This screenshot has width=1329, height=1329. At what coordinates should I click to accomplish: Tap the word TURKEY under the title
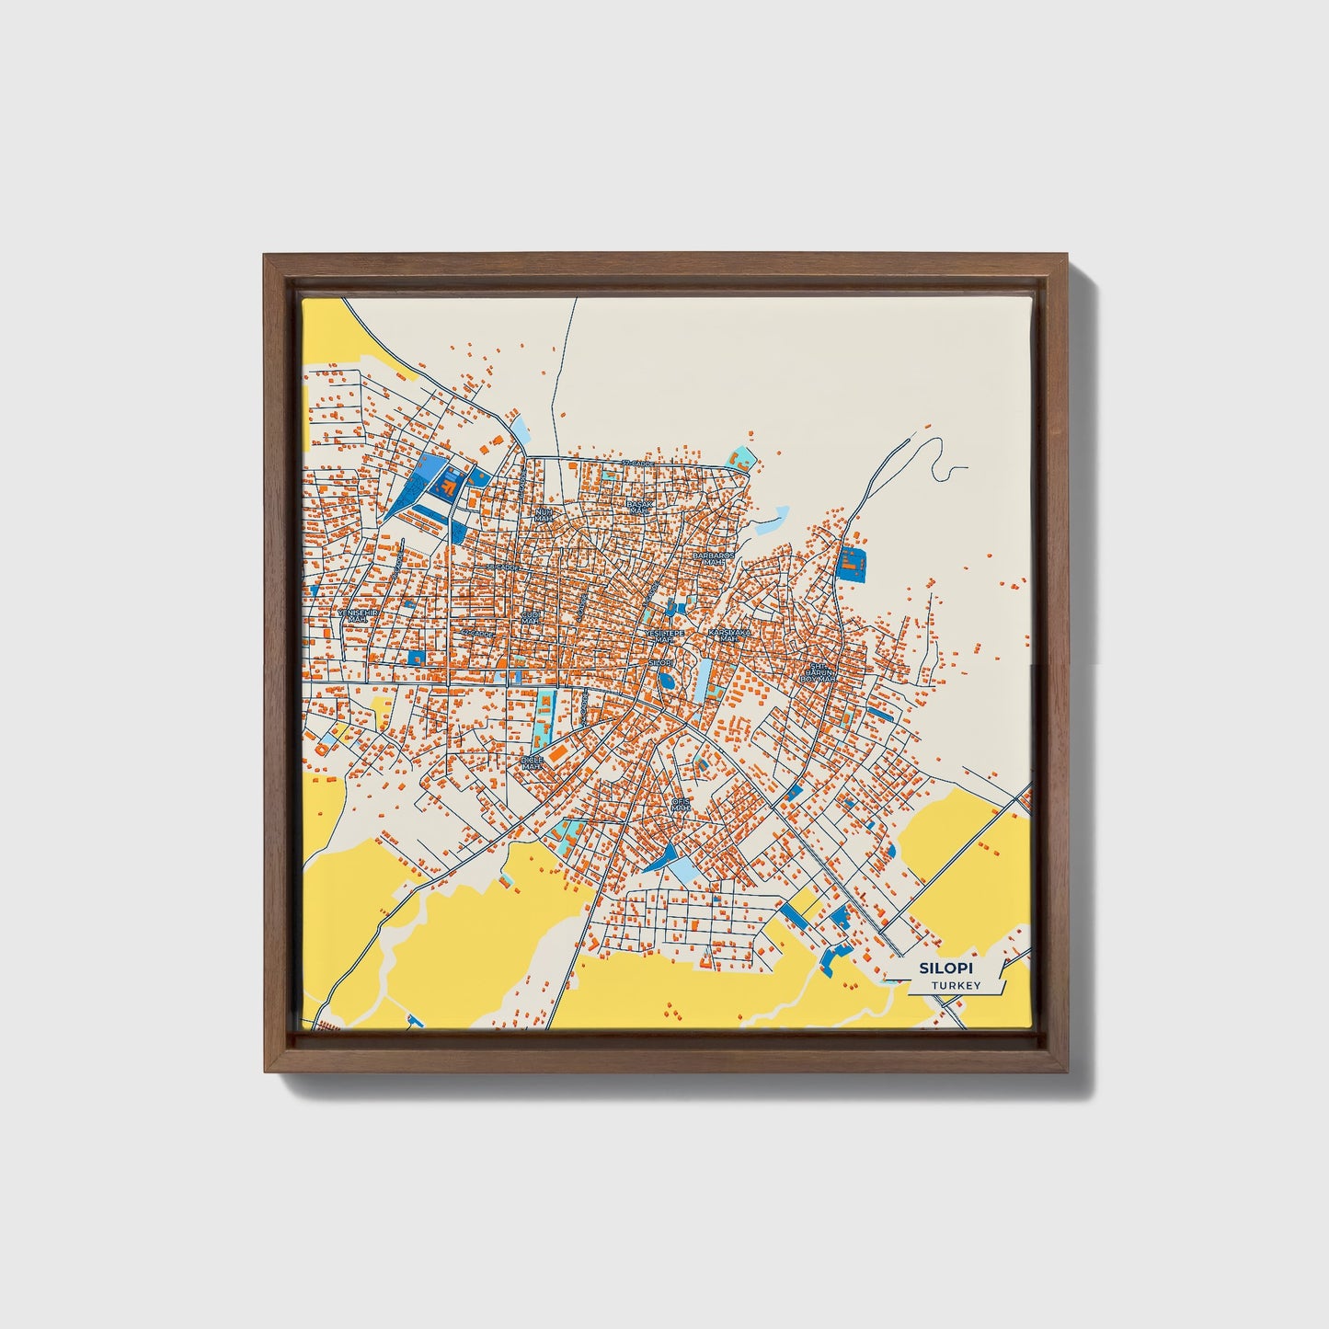point(956,986)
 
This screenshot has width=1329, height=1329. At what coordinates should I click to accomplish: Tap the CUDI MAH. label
point(531,616)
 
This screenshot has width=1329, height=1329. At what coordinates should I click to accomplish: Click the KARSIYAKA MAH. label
point(730,636)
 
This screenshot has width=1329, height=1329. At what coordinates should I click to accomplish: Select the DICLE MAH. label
point(533,762)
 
